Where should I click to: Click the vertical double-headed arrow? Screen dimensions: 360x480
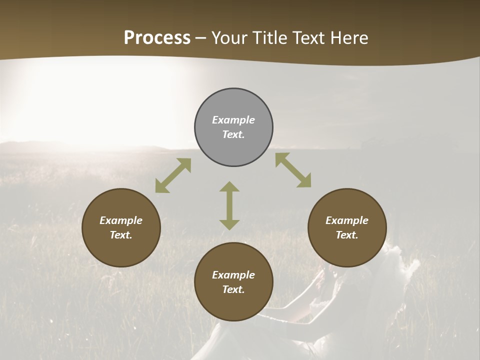[229, 206]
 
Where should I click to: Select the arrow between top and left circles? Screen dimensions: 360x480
[173, 175]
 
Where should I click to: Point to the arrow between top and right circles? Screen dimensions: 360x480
[293, 170]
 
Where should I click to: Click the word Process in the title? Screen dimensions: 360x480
[157, 38]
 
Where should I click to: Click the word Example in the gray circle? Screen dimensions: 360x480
[233, 120]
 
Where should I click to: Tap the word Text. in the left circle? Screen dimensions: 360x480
[121, 235]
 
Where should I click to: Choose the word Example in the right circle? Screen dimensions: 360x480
[347, 220]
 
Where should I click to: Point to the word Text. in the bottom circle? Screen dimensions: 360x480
[233, 289]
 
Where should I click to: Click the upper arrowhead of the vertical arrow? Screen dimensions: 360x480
[229, 187]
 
